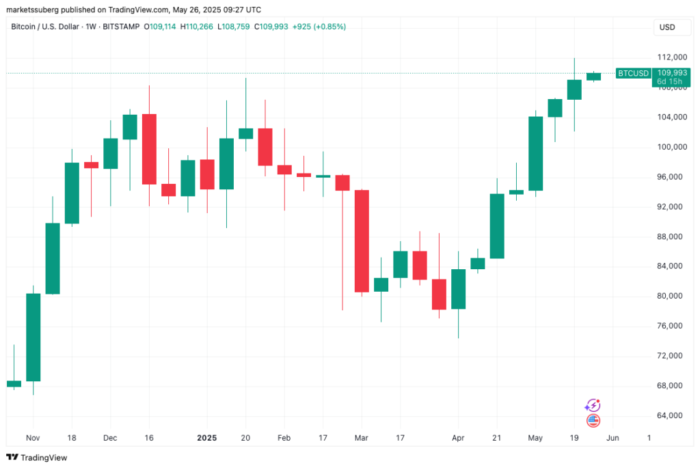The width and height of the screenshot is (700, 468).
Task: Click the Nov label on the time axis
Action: tap(33, 437)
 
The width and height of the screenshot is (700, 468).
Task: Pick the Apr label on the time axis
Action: tap(459, 437)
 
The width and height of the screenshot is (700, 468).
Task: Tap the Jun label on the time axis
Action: tap(614, 437)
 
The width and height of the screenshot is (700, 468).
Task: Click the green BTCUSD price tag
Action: tap(633, 73)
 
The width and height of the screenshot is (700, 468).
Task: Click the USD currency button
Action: tap(667, 27)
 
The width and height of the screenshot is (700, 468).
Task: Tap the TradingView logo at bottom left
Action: tap(37, 457)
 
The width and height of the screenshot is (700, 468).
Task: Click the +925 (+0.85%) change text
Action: tap(319, 27)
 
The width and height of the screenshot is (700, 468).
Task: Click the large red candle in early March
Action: tap(362, 240)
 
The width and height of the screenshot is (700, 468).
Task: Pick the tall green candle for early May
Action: tap(535, 153)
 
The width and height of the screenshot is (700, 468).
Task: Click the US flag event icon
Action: tap(593, 421)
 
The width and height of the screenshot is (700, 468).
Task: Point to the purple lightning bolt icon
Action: tap(593, 406)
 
